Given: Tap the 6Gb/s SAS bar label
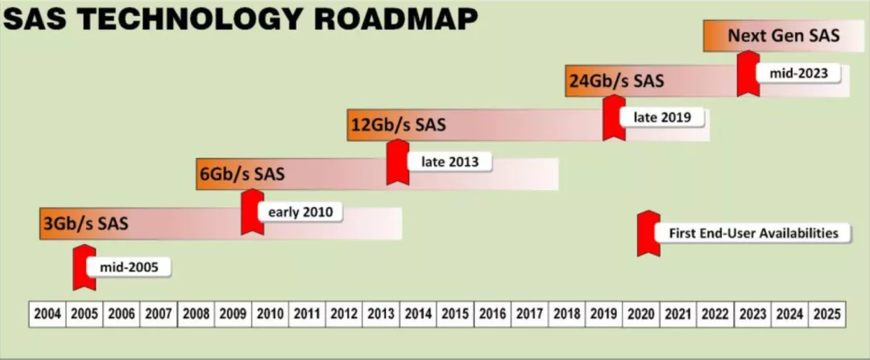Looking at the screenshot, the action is coord(242,174).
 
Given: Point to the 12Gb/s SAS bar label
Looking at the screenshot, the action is coord(399,125).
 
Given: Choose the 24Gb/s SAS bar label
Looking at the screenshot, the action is coord(616,81).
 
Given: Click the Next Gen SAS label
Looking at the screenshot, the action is coord(784,36).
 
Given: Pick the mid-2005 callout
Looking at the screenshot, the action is coord(129,268).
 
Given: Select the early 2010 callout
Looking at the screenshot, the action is coord(300,213).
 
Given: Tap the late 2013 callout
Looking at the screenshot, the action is coord(449,162).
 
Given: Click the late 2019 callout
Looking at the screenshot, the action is coord(662,118).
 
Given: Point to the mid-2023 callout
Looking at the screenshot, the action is coord(798,72).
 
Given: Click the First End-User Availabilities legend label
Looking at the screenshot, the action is coord(753,233).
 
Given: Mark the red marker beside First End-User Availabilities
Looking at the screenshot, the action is coord(648,233).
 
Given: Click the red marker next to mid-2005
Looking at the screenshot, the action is coord(85,267).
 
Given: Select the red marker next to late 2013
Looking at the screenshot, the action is coord(398,162).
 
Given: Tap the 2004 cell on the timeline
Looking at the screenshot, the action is coord(48,315).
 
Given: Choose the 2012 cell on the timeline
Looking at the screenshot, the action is coord(344,315).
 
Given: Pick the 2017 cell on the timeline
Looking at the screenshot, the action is coord(530,315).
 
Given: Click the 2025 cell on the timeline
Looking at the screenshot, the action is coord(827,315).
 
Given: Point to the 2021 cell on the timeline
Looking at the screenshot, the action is coord(678,315).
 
